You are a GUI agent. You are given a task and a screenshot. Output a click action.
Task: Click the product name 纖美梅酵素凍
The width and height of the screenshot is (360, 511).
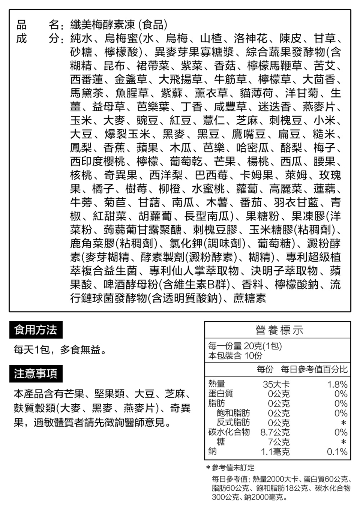pos(102,25)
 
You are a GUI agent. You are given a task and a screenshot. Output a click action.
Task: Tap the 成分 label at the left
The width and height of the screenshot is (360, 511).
pos(37,39)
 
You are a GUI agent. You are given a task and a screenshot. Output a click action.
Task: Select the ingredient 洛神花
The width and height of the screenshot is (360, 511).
pos(250,39)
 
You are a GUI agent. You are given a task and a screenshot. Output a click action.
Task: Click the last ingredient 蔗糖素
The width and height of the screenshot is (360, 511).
pos(250,298)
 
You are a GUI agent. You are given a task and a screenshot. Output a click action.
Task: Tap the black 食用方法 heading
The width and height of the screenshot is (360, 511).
pos(36,330)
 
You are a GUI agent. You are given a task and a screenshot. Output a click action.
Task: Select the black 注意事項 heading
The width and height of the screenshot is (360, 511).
pos(36,373)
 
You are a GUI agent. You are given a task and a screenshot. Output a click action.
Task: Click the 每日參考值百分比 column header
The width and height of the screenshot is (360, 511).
pos(314,369)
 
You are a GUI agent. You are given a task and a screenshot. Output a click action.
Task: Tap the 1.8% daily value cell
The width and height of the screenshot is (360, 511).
pos(337,384)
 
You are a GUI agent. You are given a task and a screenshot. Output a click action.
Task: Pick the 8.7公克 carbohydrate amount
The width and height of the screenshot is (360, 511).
pos(275,432)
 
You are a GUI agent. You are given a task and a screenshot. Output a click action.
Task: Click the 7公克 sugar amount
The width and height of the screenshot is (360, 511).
pos(279,442)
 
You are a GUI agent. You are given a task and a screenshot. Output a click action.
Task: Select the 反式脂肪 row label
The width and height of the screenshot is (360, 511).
pos(233,423)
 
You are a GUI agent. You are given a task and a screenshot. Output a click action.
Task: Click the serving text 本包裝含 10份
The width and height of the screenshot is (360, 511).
pos(235,355)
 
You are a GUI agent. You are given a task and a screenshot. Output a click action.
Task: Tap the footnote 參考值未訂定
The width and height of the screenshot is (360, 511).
pos(233,468)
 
